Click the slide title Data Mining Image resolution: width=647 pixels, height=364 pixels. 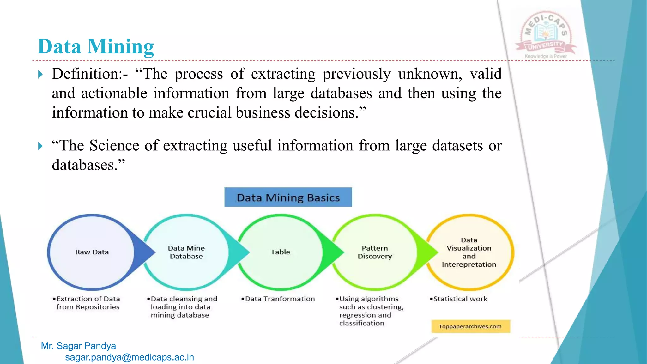(95, 47)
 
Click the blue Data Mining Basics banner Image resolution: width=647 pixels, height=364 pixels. (288, 197)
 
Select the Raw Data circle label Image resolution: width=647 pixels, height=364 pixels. (92, 252)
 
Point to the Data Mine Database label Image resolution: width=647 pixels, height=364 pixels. (186, 252)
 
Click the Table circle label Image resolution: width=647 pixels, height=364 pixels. (280, 252)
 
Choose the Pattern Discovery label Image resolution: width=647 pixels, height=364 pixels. (375, 252)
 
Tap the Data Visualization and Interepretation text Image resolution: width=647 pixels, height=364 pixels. (469, 252)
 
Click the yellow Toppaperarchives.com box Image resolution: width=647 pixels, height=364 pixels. (470, 326)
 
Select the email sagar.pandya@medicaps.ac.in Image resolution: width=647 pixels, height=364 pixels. (130, 357)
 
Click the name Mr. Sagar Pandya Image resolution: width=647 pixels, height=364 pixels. (78, 346)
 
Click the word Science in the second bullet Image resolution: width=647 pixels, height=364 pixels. (114, 146)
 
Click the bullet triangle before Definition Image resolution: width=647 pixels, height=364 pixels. (40, 75)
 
